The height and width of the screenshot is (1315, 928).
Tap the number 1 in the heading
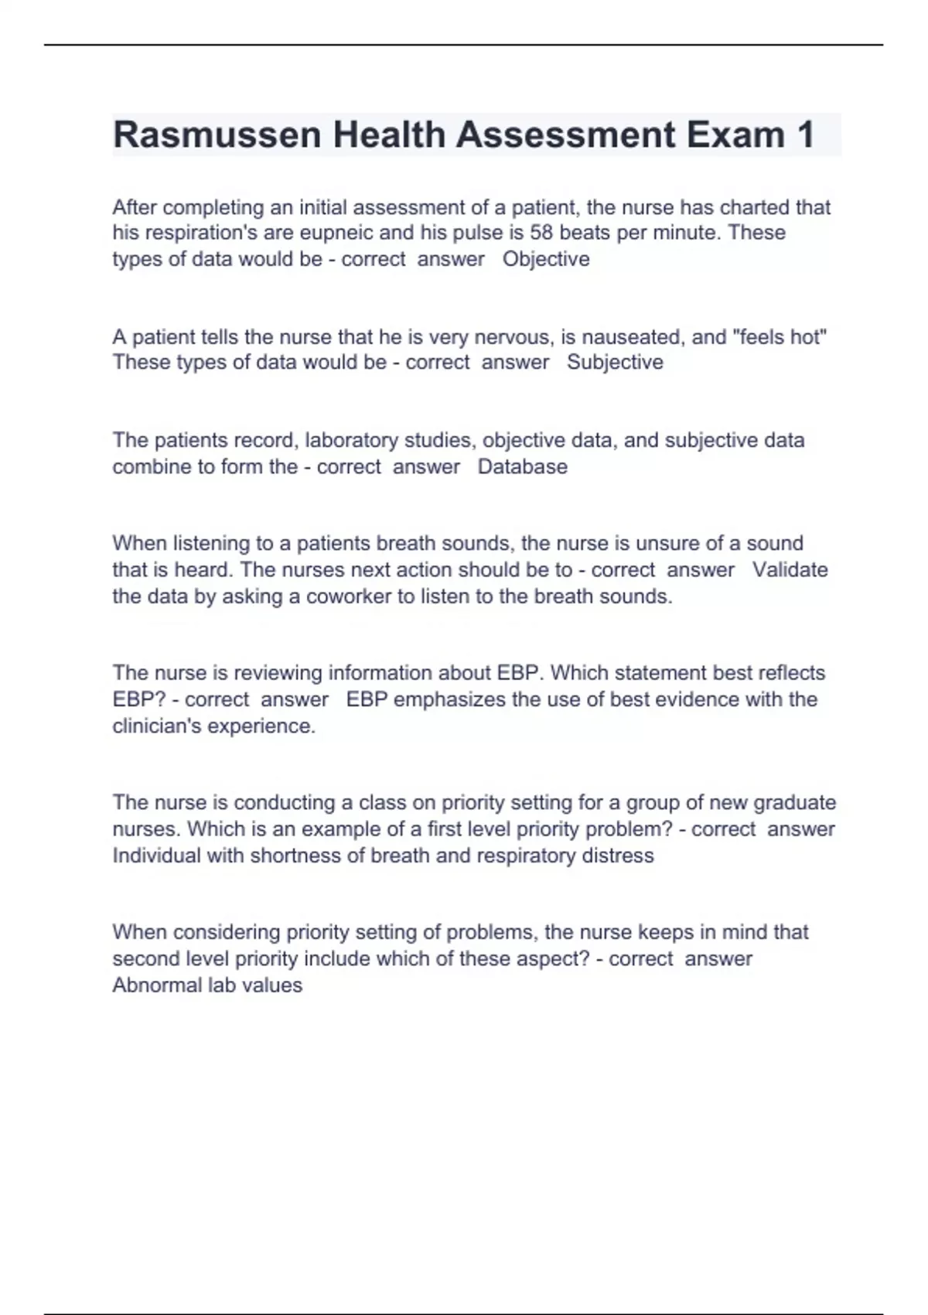click(x=804, y=135)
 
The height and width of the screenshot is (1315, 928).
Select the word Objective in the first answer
click(x=546, y=259)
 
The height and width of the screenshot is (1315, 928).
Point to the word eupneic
click(x=336, y=233)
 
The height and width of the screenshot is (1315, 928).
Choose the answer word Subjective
click(x=615, y=362)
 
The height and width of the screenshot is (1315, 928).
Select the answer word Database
click(x=523, y=466)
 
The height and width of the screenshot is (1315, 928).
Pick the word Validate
click(x=790, y=570)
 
